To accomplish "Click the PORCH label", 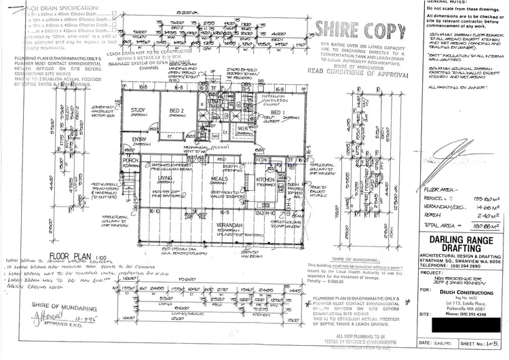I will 130,161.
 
